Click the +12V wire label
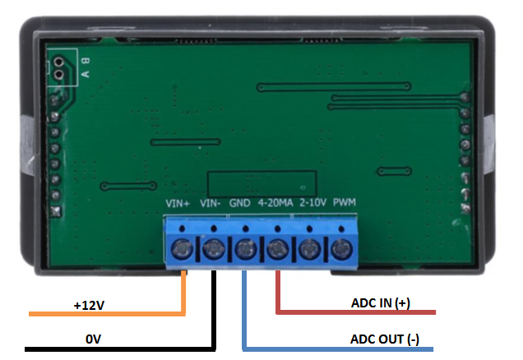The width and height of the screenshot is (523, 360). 89,306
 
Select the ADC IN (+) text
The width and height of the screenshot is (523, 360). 379,303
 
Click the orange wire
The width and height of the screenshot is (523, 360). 107,314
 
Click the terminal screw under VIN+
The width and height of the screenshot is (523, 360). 183,247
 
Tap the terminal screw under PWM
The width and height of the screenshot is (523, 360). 341,247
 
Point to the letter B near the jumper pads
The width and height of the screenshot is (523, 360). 85,61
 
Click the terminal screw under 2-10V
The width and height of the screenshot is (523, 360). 310,247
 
